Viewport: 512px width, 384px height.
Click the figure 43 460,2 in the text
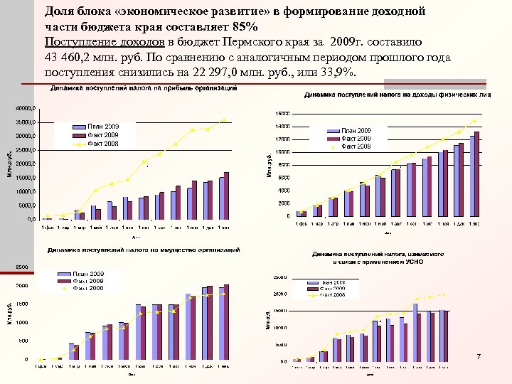pyautogui.click(x=72, y=58)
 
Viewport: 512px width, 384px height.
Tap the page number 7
pyautogui.click(x=479, y=356)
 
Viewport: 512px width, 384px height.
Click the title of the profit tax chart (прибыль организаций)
pyautogui.click(x=143, y=89)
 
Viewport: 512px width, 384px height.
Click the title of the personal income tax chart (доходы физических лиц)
pyautogui.click(x=398, y=95)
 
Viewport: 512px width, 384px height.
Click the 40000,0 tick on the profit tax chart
pyautogui.click(x=25, y=109)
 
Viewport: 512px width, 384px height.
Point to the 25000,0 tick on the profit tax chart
pyautogui.click(x=25, y=150)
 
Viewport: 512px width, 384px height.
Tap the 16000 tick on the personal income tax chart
pyautogui.click(x=283, y=114)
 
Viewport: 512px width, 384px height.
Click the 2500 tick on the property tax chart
pyautogui.click(x=21, y=267)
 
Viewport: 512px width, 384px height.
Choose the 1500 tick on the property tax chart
pyautogui.click(x=21, y=304)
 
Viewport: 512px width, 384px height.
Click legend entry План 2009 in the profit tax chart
pyautogui.click(x=102, y=126)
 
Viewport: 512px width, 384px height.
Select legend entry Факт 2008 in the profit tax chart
pyautogui.click(x=102, y=144)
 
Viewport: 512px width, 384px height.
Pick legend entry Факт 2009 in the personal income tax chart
pyautogui.click(x=356, y=138)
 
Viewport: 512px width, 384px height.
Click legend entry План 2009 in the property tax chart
pyautogui.click(x=87, y=274)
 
